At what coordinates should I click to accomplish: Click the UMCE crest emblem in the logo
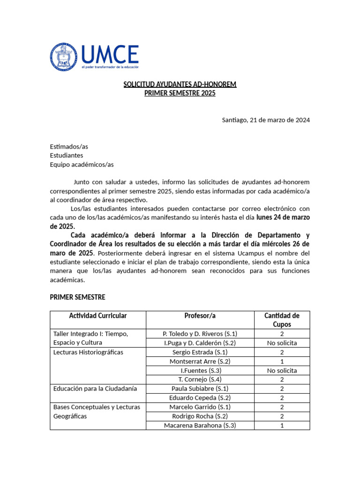pyautogui.click(x=64, y=57)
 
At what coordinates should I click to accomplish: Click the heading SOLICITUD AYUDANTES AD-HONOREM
pyautogui.click(x=180, y=84)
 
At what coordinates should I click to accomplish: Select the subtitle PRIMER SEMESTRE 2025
pyautogui.click(x=180, y=93)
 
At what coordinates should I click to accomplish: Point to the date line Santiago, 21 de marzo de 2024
pyautogui.click(x=266, y=120)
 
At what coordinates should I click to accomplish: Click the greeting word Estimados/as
pyautogui.click(x=69, y=147)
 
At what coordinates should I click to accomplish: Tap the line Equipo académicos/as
pyautogui.click(x=82, y=165)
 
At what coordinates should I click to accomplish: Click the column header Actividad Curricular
pyautogui.click(x=98, y=316)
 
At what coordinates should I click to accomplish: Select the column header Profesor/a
pyautogui.click(x=200, y=316)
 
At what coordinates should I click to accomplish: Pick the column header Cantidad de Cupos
pyautogui.click(x=282, y=320)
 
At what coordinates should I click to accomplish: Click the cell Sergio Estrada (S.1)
pyautogui.click(x=200, y=352)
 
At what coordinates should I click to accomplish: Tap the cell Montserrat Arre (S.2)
pyautogui.click(x=200, y=361)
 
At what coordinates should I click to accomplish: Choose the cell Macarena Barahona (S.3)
pyautogui.click(x=200, y=425)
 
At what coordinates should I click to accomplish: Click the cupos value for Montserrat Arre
pyautogui.click(x=282, y=361)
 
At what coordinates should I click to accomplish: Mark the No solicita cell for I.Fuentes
pyautogui.click(x=282, y=370)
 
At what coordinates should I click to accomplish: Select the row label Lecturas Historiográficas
pyautogui.click(x=89, y=352)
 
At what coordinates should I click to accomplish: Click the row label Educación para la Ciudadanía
pyautogui.click(x=95, y=389)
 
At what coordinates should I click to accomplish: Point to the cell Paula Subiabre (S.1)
pyautogui.click(x=200, y=389)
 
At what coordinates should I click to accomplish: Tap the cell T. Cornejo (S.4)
pyautogui.click(x=200, y=379)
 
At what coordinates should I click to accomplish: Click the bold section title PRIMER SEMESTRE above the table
pyautogui.click(x=78, y=297)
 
